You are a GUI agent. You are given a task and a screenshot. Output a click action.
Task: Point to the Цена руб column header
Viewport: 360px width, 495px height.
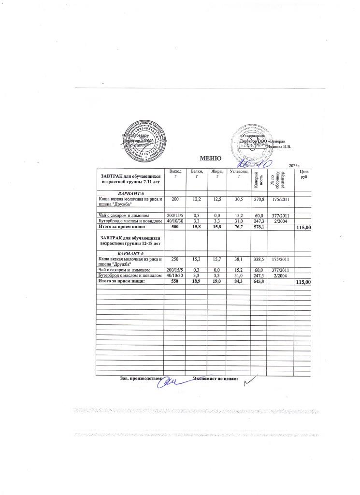(x=304, y=175)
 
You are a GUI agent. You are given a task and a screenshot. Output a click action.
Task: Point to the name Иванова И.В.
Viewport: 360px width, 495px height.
(x=279, y=146)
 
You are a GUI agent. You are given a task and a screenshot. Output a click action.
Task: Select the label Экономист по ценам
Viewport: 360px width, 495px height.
(x=216, y=379)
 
